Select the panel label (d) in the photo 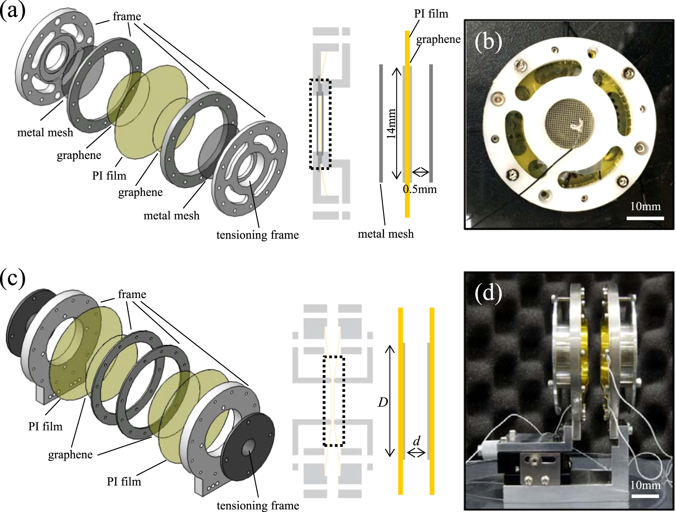pyautogui.click(x=488, y=292)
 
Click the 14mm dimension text pyautogui.click(x=391, y=123)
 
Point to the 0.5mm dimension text pyautogui.click(x=420, y=189)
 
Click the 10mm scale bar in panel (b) pyautogui.click(x=645, y=218)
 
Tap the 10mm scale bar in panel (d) pyautogui.click(x=645, y=496)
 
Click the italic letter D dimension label pyautogui.click(x=383, y=402)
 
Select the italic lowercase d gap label pyautogui.click(x=416, y=441)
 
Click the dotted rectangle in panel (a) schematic pyautogui.click(x=320, y=124)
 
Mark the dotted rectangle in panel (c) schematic pyautogui.click(x=334, y=401)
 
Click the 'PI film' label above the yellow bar pyautogui.click(x=431, y=14)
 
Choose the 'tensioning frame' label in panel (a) pyautogui.click(x=257, y=235)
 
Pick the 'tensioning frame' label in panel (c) pyautogui.click(x=258, y=505)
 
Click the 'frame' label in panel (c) pyautogui.click(x=132, y=294)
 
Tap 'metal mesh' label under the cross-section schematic pyautogui.click(x=386, y=234)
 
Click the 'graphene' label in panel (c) pyautogui.click(x=70, y=454)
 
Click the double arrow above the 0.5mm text pyautogui.click(x=420, y=172)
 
